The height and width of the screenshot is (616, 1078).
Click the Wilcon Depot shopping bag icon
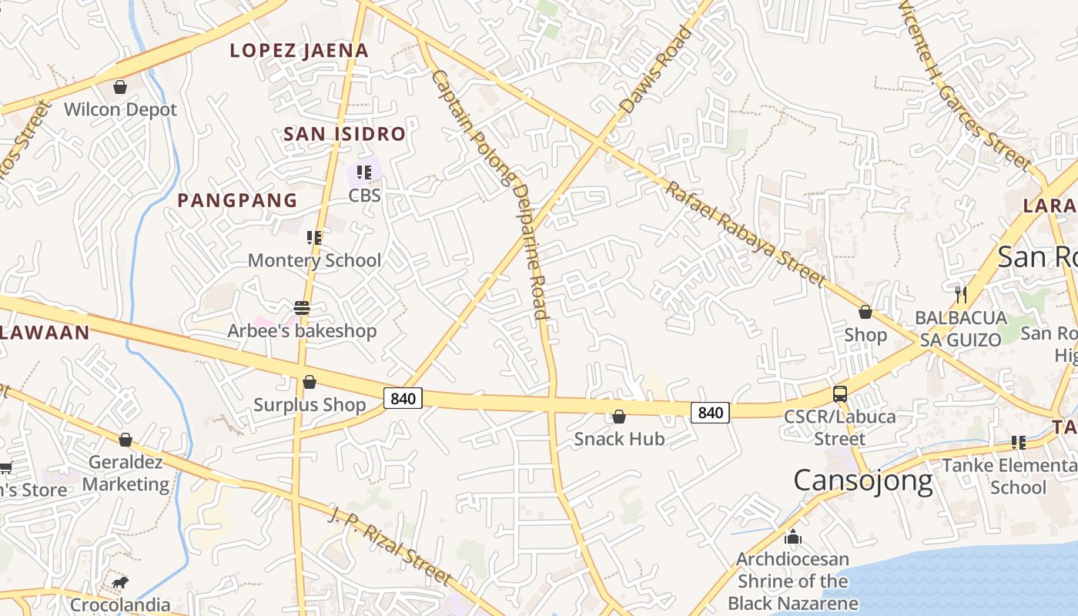tap(120, 87)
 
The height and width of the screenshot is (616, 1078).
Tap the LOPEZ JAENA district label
tap(300, 51)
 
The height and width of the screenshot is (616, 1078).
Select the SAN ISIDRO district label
tap(344, 134)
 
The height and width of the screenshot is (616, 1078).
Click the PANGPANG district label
tap(237, 200)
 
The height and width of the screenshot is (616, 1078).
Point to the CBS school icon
tap(364, 172)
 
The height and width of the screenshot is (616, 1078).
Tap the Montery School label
tap(314, 260)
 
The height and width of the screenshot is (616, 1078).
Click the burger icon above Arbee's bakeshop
tap(302, 309)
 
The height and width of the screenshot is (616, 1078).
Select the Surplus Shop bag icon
tap(310, 382)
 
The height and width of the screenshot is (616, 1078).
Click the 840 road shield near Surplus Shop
tap(403, 398)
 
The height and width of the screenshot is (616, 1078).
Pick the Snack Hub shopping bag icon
tap(618, 417)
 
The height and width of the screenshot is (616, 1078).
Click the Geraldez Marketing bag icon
tap(126, 440)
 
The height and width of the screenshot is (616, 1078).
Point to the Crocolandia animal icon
tap(119, 582)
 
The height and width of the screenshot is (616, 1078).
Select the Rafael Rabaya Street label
tap(745, 234)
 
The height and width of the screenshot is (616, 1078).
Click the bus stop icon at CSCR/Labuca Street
tap(840, 394)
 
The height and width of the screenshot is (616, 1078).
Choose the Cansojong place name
tap(862, 480)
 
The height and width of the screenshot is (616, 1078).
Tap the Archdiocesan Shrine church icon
tap(793, 537)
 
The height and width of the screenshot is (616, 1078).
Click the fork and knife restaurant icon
tap(960, 293)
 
